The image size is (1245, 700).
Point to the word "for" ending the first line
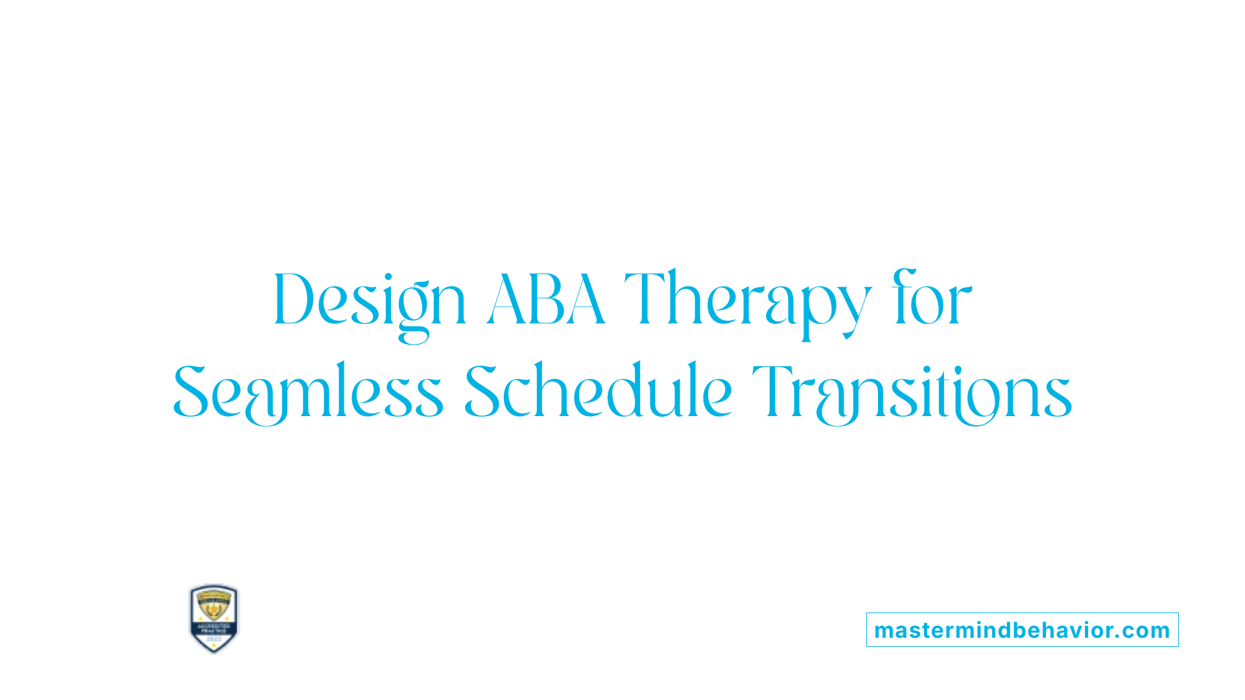(932, 299)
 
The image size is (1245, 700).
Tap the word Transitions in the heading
(912, 392)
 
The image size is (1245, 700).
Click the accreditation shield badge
(214, 618)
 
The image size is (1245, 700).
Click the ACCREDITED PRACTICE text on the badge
(214, 629)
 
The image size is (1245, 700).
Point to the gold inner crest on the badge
(214, 607)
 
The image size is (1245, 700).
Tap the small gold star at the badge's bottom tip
(214, 647)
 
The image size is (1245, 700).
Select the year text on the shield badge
(214, 639)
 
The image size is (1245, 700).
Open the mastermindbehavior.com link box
(1022, 630)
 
